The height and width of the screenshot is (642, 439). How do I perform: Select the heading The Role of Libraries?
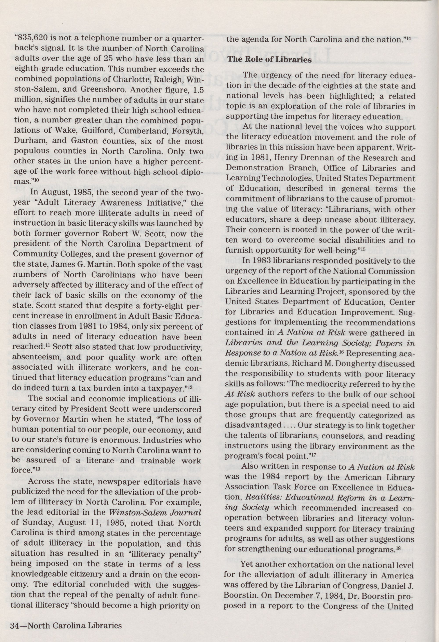269,59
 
